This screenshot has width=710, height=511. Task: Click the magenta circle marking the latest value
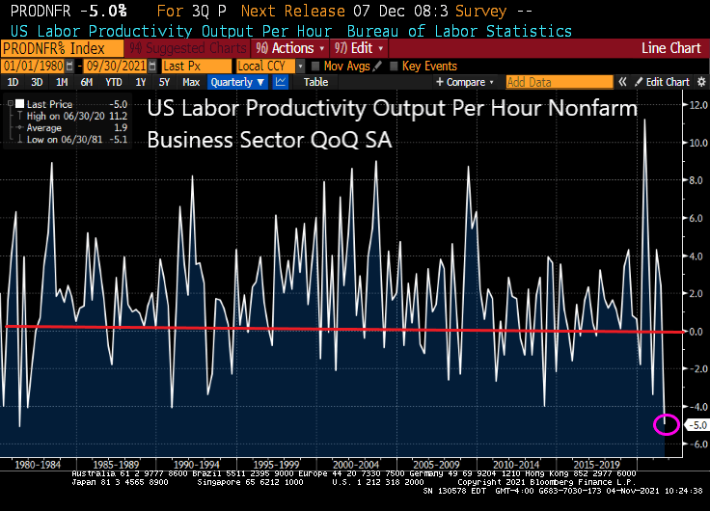pyautogui.click(x=666, y=423)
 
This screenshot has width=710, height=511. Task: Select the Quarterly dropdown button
pyautogui.click(x=237, y=83)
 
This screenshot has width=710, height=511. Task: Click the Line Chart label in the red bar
pyautogui.click(x=671, y=47)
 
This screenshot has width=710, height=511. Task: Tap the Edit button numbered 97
pyautogui.click(x=352, y=47)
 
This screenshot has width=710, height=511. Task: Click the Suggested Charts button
pyautogui.click(x=204, y=47)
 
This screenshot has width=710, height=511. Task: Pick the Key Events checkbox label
pyautogui.click(x=428, y=66)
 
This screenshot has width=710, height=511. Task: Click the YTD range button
pyautogui.click(x=114, y=83)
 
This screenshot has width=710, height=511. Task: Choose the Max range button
pyautogui.click(x=191, y=83)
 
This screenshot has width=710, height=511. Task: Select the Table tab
pyautogui.click(x=315, y=83)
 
